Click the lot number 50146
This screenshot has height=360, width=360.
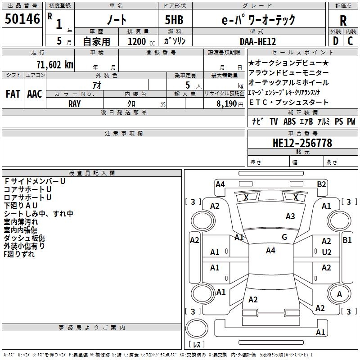(22, 19)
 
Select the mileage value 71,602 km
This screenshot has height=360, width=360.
(55, 64)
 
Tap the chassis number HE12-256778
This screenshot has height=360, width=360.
(302, 143)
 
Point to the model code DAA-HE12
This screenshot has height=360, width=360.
(257, 41)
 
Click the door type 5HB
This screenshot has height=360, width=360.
(174, 20)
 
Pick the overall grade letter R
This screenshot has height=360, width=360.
(343, 21)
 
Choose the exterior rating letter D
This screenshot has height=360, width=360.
(336, 41)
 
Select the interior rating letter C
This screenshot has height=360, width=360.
(350, 41)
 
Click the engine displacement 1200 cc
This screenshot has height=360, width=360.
(141, 41)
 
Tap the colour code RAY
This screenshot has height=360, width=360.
(74, 104)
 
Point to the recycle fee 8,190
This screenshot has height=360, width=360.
(227, 104)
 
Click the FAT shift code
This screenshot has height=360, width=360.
(13, 94)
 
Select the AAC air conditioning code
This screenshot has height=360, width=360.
(35, 94)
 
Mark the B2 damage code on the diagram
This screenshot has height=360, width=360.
(321, 184)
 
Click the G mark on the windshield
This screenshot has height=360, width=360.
(284, 237)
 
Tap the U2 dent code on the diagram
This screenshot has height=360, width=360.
(327, 252)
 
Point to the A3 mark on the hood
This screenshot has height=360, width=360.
(290, 216)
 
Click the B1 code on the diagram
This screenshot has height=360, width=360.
(347, 240)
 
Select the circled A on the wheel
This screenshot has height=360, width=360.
(339, 294)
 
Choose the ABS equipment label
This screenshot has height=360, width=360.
(289, 121)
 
